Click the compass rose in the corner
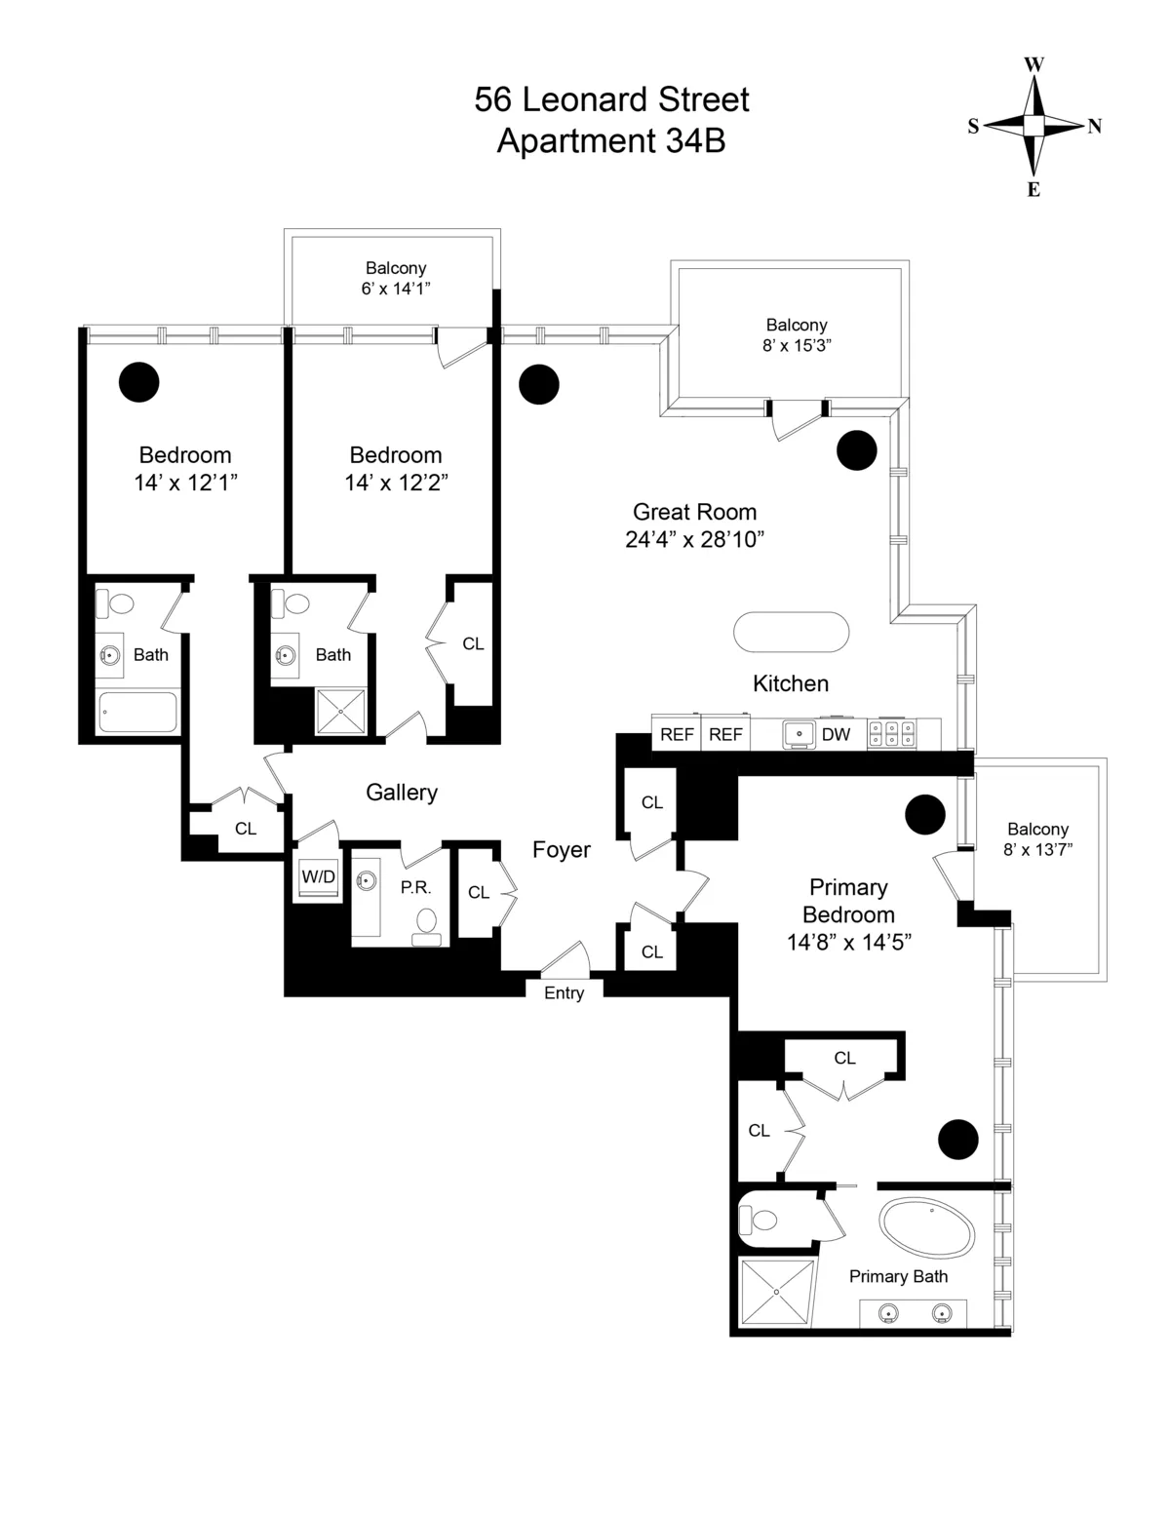point(1033,126)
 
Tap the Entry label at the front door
point(564,992)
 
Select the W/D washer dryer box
point(318,876)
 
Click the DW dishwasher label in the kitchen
point(836,735)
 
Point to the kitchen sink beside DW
point(799,734)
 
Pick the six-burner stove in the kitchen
point(891,734)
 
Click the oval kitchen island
point(791,632)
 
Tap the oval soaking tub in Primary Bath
point(926,1226)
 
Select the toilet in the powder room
point(427,924)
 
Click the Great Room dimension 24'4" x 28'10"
point(694,539)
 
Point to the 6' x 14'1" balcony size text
point(396,288)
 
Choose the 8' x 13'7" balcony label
point(1037,849)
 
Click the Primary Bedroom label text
point(848,901)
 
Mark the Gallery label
point(402,793)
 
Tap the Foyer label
point(561,850)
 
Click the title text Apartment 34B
point(610,141)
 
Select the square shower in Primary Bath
point(776,1292)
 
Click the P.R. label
point(415,888)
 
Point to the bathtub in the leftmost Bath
point(138,712)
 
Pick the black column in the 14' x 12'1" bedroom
point(138,382)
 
